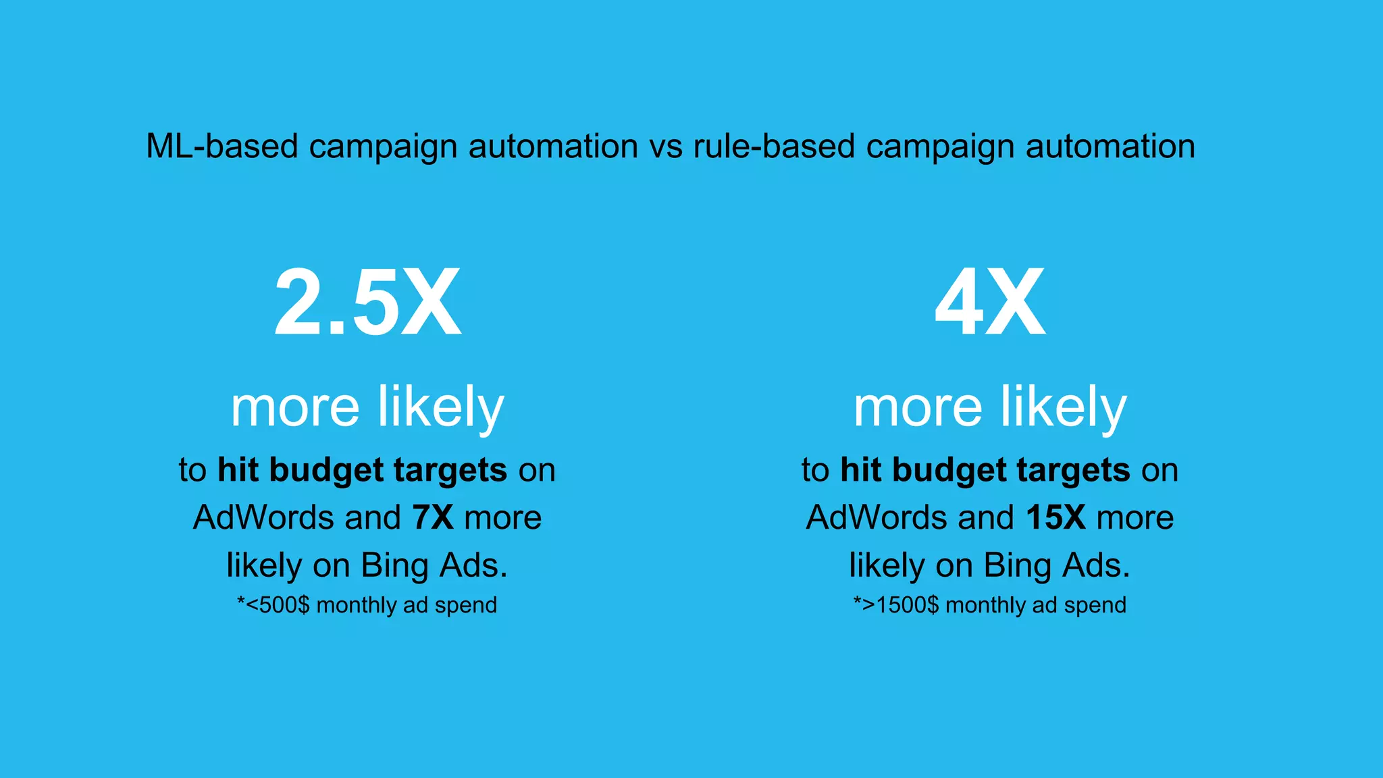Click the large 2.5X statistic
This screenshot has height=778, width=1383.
pos(367,303)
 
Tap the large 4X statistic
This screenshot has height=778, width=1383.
pos(990,303)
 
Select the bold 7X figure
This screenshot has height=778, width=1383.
pos(433,517)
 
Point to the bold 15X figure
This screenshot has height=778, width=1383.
pos(1055,517)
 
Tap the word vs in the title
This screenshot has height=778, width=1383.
pos(666,146)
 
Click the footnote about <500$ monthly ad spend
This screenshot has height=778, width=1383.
pos(367,604)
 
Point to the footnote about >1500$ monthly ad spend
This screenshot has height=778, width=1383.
pos(990,604)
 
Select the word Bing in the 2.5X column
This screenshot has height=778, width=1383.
pos(395,565)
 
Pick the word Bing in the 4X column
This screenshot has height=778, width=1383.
pos(1018,565)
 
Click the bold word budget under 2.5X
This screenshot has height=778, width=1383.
pos(326,470)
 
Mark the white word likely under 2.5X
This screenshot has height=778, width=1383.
pos(440,408)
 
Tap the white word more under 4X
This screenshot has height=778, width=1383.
pos(918,408)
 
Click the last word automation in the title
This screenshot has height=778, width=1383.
pos(1110,146)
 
